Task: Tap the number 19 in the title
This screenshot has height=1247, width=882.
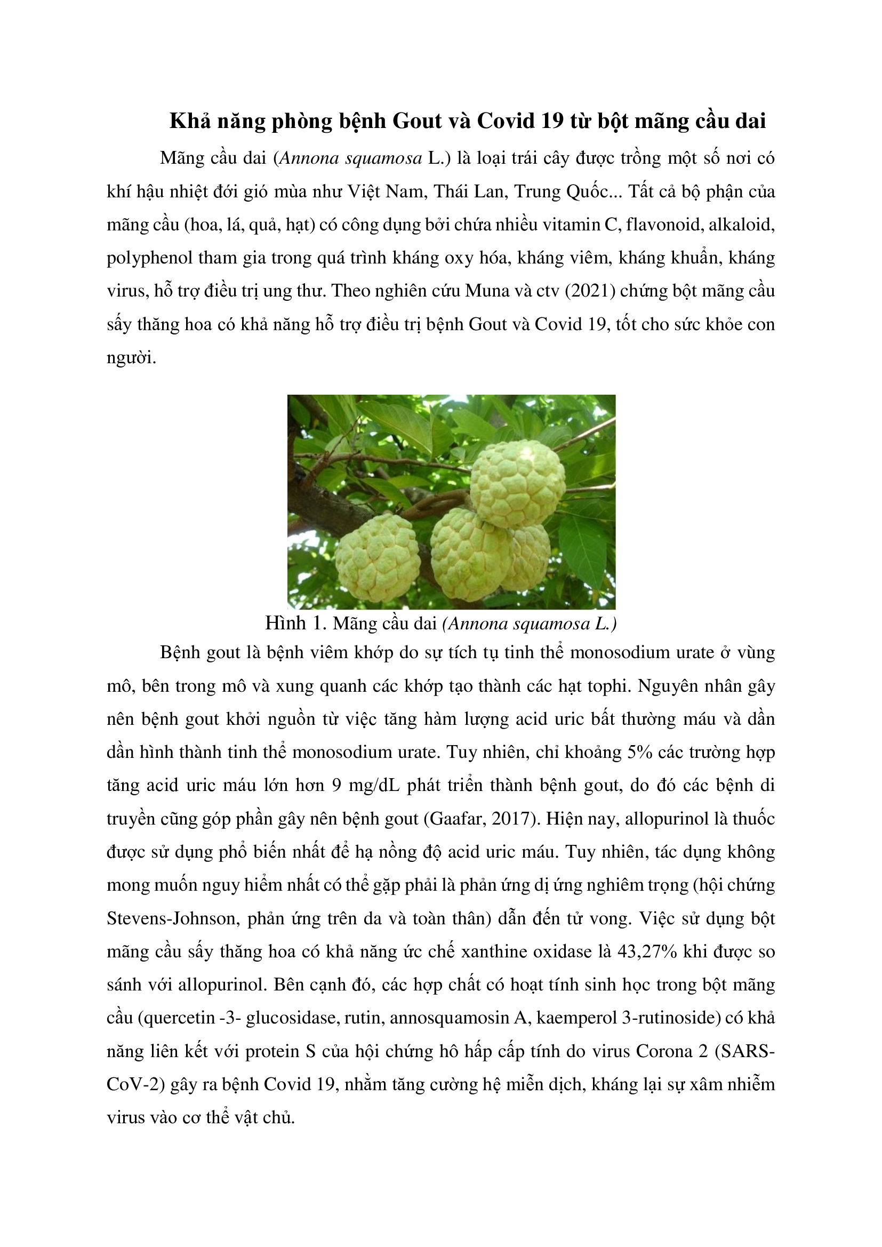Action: [552, 121]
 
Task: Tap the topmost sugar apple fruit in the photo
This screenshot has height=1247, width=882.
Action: [518, 484]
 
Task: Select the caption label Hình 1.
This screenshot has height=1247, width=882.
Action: [296, 623]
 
